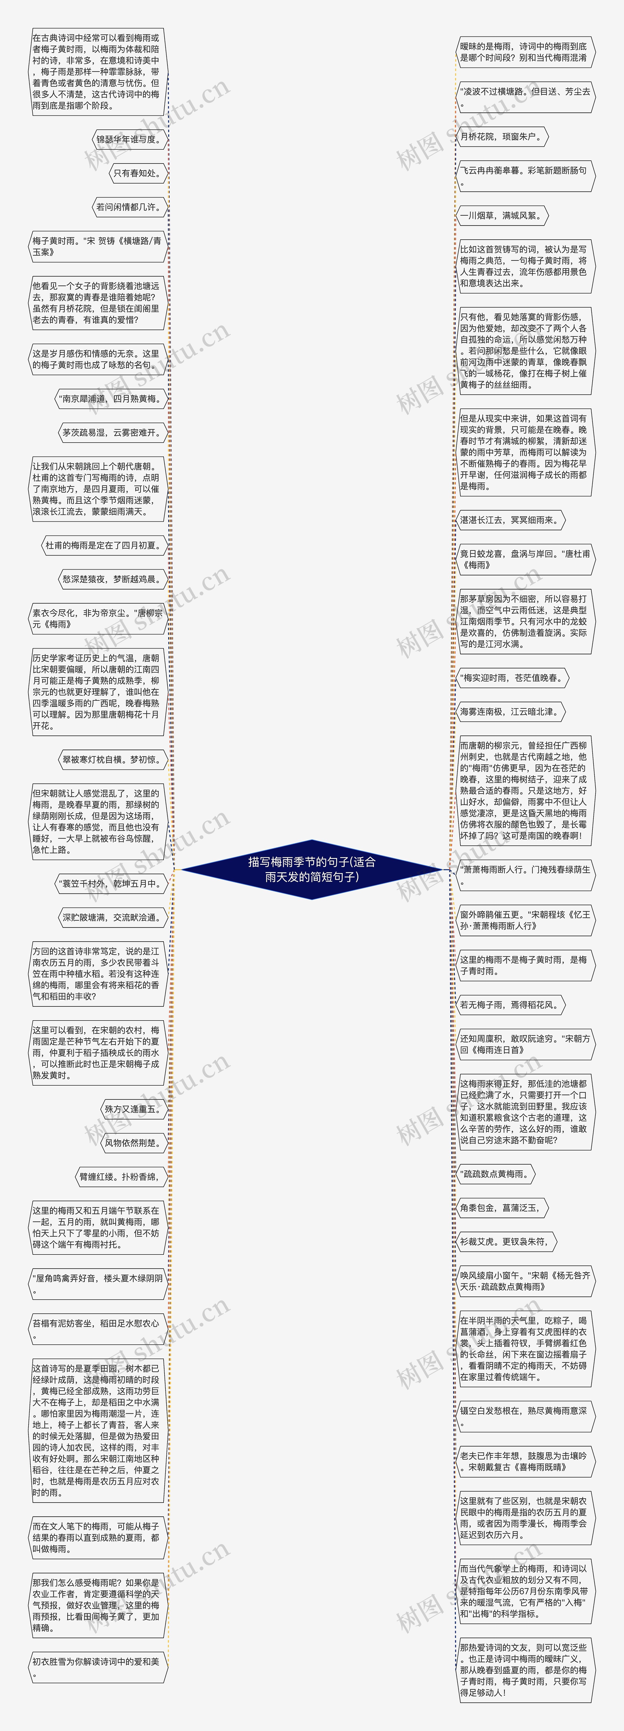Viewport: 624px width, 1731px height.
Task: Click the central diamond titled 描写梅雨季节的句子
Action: (x=312, y=869)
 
